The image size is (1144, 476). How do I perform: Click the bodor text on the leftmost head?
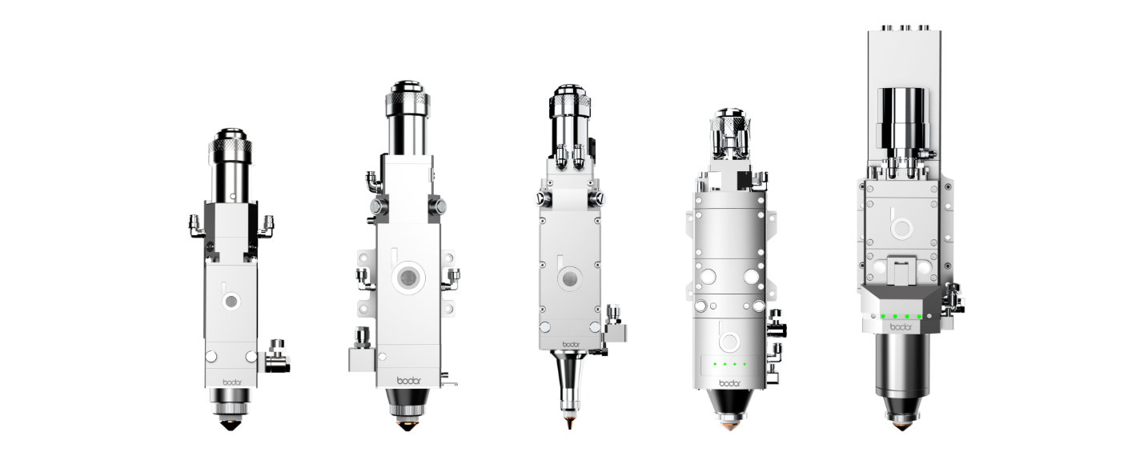point(232,382)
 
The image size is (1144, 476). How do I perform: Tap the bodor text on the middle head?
point(571,344)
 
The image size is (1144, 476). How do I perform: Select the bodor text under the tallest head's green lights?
point(901,327)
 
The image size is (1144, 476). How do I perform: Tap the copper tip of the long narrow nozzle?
point(570,423)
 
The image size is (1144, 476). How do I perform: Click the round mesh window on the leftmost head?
point(231,301)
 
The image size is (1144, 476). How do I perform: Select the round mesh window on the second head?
point(408,278)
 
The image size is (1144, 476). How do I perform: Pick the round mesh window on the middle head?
point(568,278)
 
